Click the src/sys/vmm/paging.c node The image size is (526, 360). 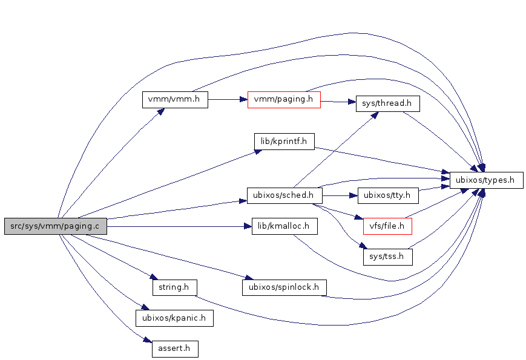point(56,226)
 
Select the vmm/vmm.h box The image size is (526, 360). point(175,99)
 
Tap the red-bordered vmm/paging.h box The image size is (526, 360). point(284,99)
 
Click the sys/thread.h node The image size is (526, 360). point(387,103)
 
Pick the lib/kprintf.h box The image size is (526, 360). point(284,142)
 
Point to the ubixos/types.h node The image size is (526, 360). point(486,180)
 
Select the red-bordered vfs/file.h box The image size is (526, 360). point(387,226)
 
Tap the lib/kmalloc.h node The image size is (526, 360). point(284,226)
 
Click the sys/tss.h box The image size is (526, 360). point(387,257)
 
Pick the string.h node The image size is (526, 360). point(174,287)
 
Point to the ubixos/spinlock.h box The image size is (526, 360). point(284,287)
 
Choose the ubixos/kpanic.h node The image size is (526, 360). point(174,318)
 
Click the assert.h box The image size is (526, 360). point(174,349)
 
